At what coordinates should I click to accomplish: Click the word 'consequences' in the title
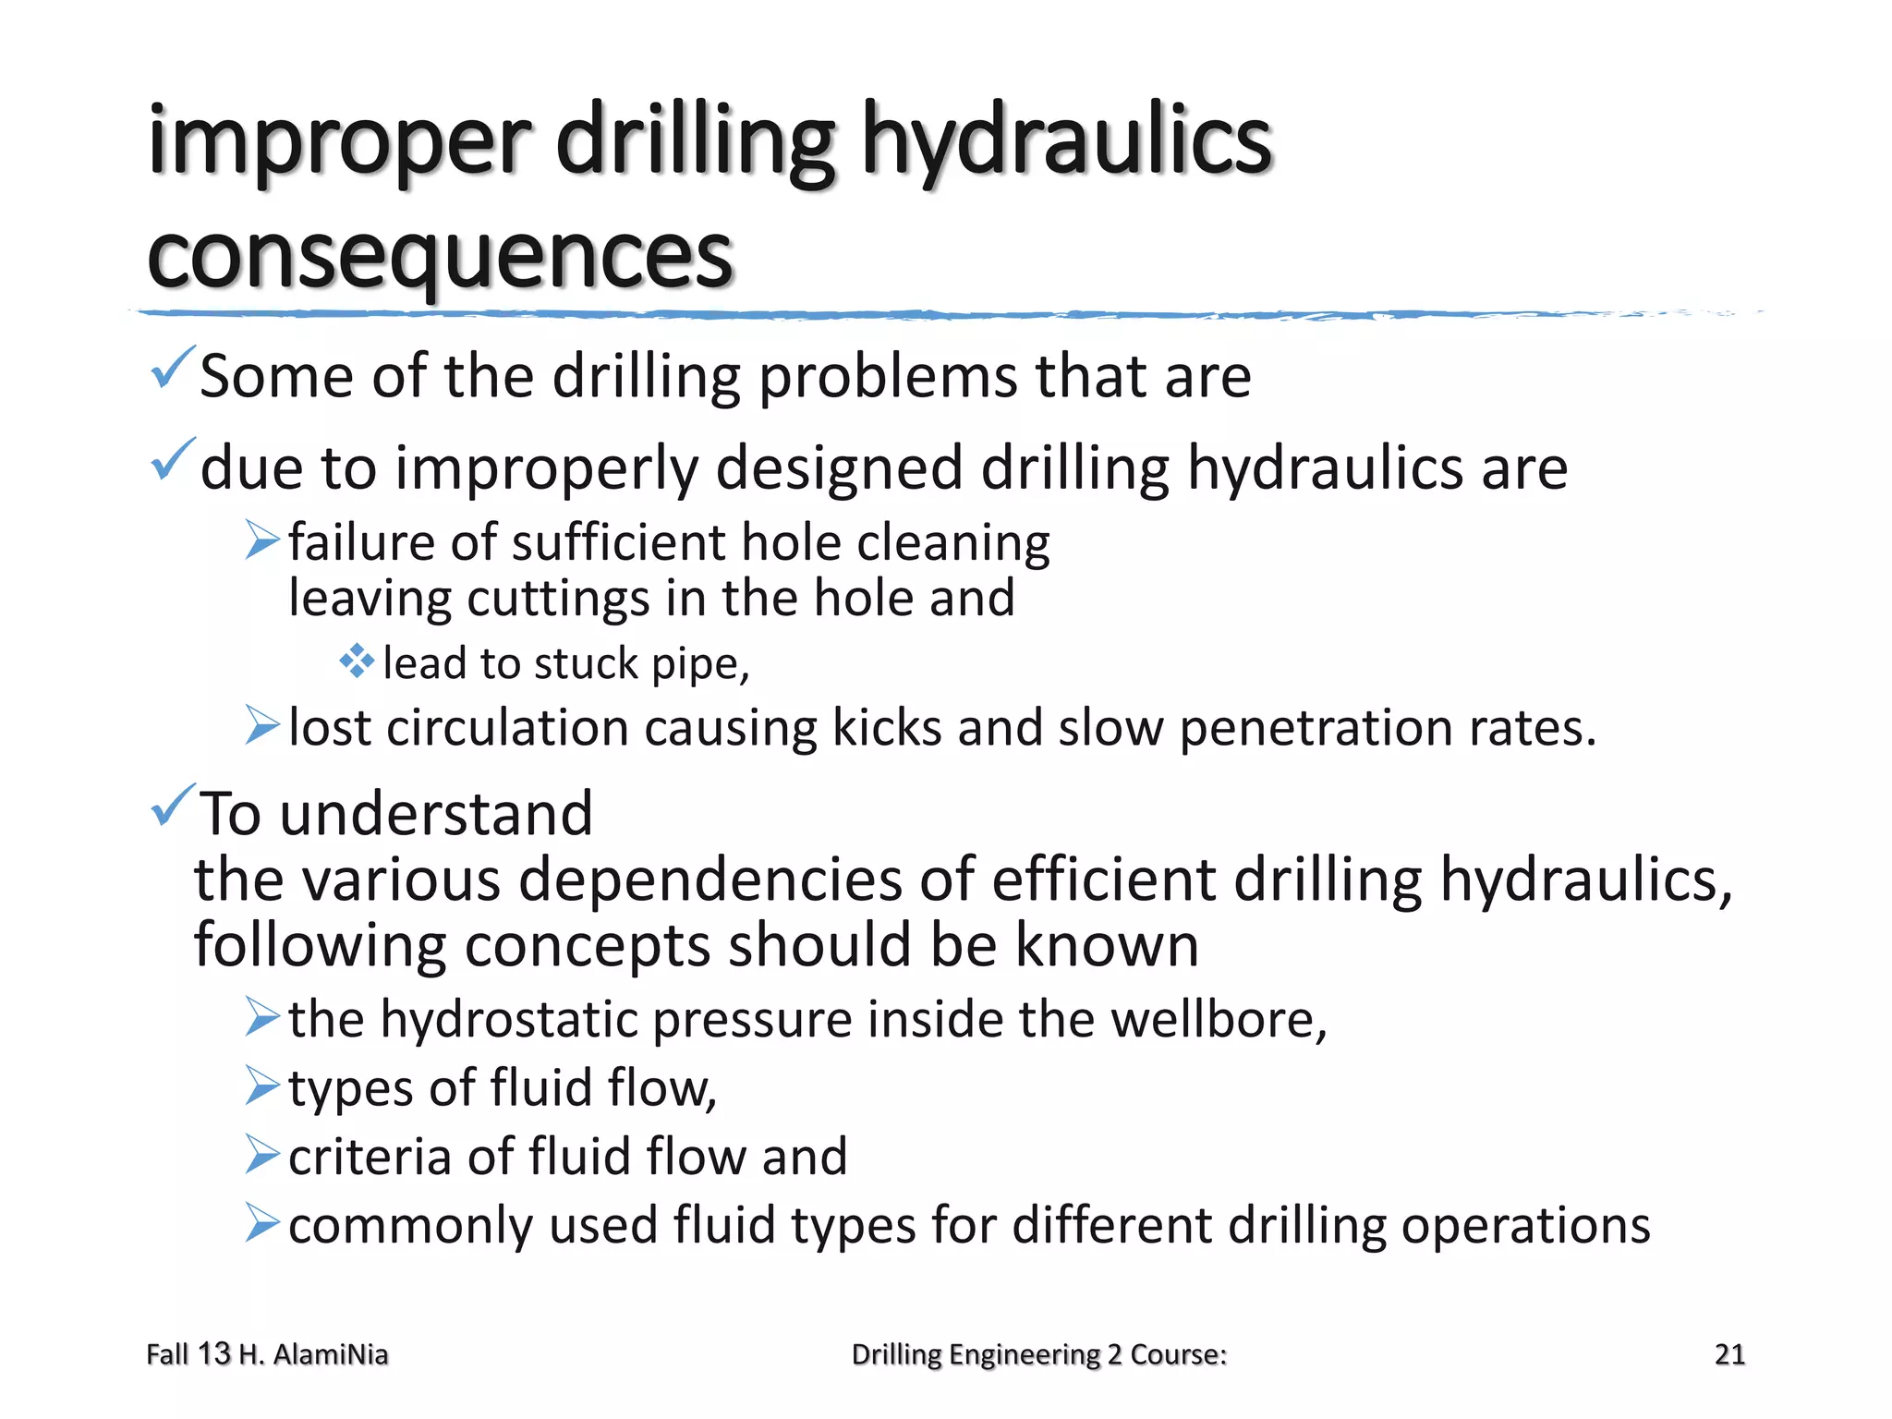click(440, 256)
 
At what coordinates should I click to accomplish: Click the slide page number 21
click(1728, 1354)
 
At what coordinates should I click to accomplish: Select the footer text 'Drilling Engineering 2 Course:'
click(1038, 1354)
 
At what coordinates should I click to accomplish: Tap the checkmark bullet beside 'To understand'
click(172, 805)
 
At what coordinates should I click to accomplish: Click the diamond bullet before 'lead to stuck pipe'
click(356, 661)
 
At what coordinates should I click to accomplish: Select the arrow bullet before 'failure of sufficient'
click(262, 540)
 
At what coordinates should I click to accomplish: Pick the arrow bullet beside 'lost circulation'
click(262, 725)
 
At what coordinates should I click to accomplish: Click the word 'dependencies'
click(709, 879)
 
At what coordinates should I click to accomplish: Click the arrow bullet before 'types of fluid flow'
click(262, 1085)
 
